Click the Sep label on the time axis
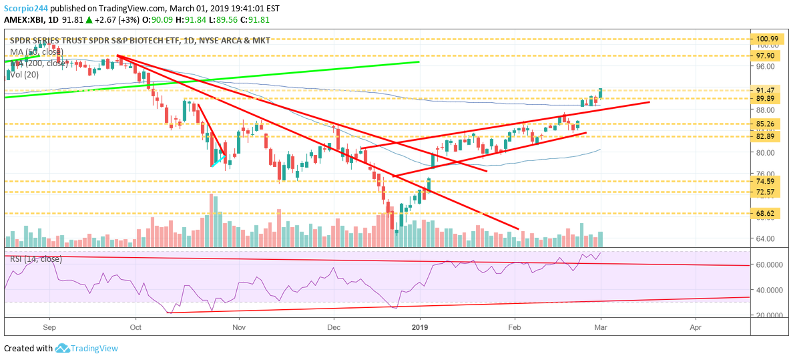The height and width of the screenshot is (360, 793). [x=49, y=328]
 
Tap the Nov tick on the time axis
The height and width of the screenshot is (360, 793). [x=238, y=328]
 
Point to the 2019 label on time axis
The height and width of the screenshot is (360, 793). [x=419, y=328]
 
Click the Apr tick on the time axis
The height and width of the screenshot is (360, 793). [x=696, y=328]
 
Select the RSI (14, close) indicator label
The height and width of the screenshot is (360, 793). [x=35, y=259]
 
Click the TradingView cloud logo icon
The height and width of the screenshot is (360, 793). [x=62, y=348]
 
